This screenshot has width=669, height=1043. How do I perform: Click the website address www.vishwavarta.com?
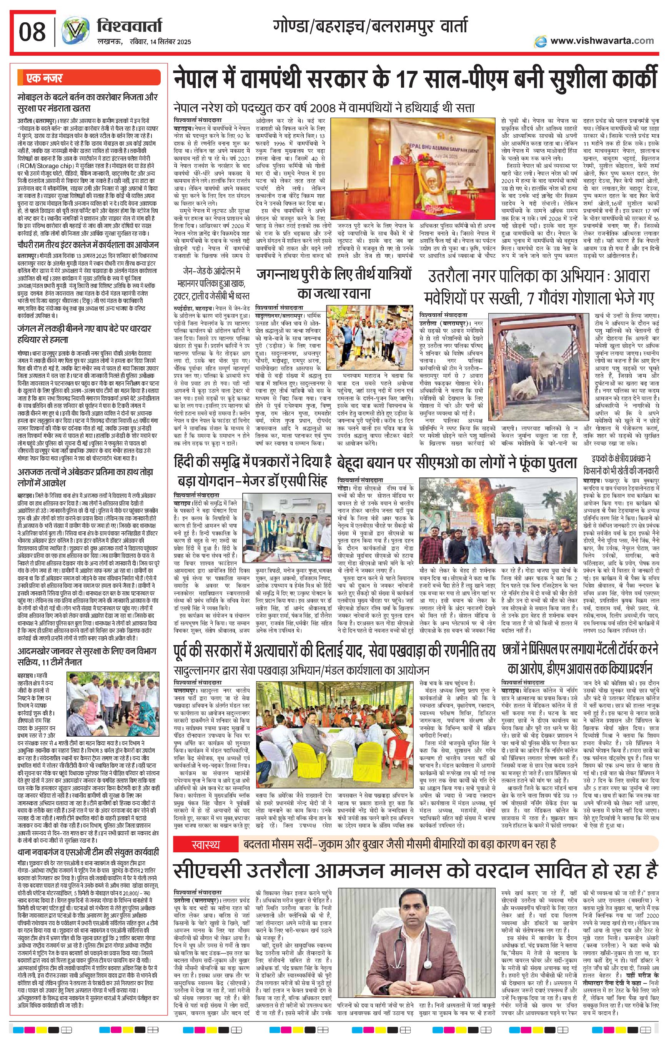coord(601,40)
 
